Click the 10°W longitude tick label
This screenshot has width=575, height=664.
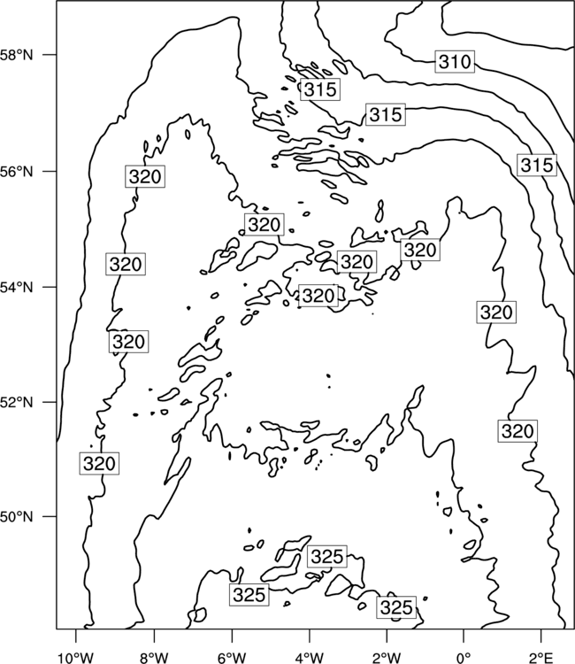(76, 658)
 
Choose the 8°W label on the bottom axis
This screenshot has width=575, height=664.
(154, 658)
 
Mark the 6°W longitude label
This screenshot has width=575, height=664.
(232, 658)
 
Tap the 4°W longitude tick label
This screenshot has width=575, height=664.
(310, 658)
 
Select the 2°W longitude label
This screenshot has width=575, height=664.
(387, 658)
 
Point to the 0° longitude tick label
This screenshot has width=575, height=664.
(464, 658)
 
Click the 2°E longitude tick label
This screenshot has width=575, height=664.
(541, 658)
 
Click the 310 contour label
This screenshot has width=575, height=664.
(455, 62)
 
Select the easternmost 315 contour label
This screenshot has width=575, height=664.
(537, 166)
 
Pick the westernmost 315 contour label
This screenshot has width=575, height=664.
(320, 89)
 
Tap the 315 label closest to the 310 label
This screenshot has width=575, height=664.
(386, 114)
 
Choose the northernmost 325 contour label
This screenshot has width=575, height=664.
(327, 557)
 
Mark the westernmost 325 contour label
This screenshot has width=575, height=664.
(249, 595)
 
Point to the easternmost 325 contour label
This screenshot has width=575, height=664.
(396, 607)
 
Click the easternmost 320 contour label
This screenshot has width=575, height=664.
(517, 431)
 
